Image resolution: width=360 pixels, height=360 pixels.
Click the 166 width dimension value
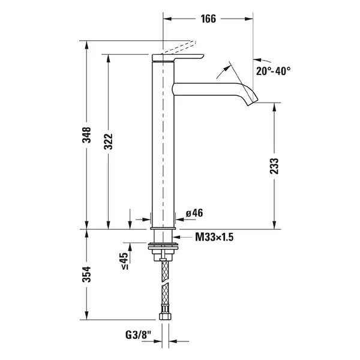coord(208,19)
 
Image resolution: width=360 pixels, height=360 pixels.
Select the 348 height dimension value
coord(86,135)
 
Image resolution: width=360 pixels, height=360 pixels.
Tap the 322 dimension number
coord(109,142)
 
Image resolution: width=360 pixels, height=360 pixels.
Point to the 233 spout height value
coord(274,166)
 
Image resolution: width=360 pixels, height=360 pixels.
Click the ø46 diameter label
coord(194,213)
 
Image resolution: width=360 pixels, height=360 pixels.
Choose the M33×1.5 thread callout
coord(214,237)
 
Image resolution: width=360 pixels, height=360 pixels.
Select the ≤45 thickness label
coord(124,261)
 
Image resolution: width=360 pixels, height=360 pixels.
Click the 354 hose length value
coord(86,274)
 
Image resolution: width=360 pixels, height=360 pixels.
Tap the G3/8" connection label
coord(138,335)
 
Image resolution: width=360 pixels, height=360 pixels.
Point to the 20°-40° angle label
coord(273,71)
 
